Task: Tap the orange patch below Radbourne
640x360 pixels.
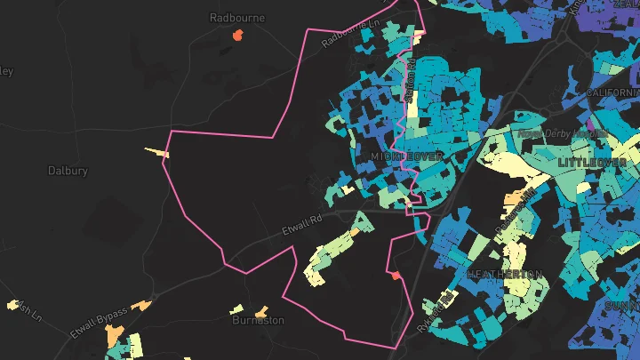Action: point(236,36)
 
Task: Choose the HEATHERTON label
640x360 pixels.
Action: point(504,274)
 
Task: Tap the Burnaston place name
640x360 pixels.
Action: point(258,320)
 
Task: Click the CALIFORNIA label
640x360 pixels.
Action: point(613,92)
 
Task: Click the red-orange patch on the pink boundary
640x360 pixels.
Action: point(396,276)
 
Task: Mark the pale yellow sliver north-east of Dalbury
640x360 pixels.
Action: point(158,152)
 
